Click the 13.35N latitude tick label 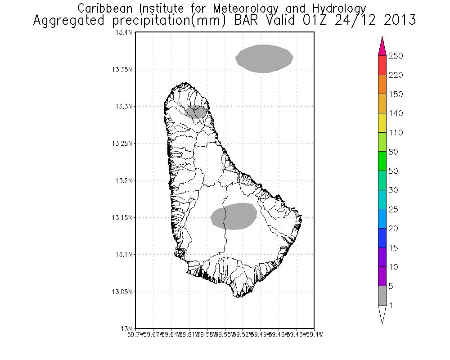(121, 70)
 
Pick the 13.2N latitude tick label (123, 180)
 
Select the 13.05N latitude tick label (121, 292)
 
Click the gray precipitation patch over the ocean (265, 58)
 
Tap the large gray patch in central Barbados (234, 216)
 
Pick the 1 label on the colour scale (391, 306)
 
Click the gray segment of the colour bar (382, 296)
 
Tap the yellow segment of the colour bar (382, 123)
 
